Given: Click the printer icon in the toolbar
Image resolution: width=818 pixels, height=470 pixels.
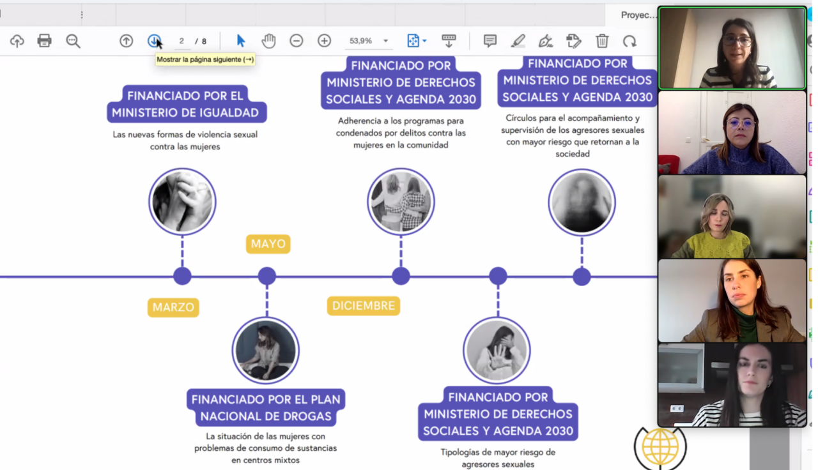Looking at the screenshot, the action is pyautogui.click(x=44, y=40).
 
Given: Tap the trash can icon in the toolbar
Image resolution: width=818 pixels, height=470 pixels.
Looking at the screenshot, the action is pyautogui.click(x=602, y=40).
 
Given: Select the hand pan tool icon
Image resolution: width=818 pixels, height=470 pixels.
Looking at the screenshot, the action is pyautogui.click(x=268, y=40).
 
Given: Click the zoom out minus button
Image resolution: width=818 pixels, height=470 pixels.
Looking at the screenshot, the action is pyautogui.click(x=296, y=40).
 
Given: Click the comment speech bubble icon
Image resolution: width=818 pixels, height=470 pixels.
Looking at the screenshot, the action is pyautogui.click(x=490, y=40).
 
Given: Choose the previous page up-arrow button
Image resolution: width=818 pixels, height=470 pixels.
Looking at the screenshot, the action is pyautogui.click(x=126, y=40).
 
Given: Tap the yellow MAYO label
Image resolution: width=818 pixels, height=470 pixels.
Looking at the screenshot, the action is pyautogui.click(x=268, y=244).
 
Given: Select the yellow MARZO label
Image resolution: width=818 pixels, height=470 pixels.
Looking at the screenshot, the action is pyautogui.click(x=173, y=307).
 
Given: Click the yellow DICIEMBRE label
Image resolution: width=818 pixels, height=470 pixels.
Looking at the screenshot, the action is pyautogui.click(x=364, y=306).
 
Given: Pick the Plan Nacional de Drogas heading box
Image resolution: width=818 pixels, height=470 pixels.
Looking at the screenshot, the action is pyautogui.click(x=266, y=407).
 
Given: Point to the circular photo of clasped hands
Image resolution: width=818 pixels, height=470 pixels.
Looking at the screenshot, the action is pyautogui.click(x=182, y=202).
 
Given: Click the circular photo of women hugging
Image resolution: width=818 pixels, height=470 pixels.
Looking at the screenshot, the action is pyautogui.click(x=401, y=202).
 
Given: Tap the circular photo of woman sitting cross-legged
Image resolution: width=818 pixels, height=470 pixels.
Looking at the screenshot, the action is pyautogui.click(x=265, y=351).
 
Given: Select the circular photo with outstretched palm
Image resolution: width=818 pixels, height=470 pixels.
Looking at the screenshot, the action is pyautogui.click(x=497, y=351).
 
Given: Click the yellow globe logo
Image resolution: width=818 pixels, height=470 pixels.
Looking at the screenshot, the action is pyautogui.click(x=660, y=448).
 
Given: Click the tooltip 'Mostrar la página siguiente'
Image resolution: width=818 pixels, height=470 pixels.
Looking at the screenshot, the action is pyautogui.click(x=205, y=59).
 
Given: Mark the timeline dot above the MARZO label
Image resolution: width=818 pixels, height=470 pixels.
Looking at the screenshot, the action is pyautogui.click(x=182, y=276).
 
